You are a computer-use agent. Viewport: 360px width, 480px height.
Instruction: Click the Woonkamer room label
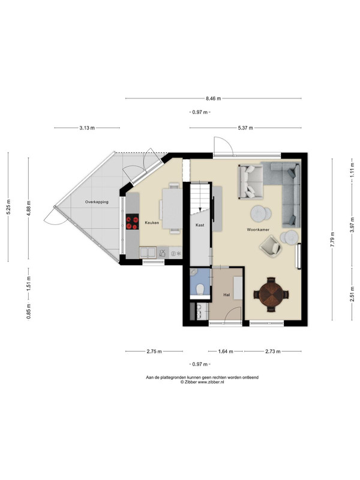pos(258,229)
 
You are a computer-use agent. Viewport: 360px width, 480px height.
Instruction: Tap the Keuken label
pos(152,223)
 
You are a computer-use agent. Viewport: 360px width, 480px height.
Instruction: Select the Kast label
pos(200,225)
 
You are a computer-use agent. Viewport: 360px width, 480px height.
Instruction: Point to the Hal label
pos(227,295)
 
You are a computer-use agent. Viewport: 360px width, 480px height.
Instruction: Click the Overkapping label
pos(97,202)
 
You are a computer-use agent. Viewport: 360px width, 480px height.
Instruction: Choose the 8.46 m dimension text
pos(213,98)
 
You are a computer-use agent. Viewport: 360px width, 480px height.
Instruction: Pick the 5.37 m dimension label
pos(245,128)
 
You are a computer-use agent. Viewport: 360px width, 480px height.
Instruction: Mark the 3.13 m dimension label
pos(87,128)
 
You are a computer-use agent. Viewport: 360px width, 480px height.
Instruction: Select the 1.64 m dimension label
pos(226,352)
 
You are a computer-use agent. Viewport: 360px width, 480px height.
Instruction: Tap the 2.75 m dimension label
pos(154,352)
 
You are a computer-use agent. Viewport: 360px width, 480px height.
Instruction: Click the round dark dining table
pos(271,295)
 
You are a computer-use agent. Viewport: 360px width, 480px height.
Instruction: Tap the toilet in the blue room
pos(200,289)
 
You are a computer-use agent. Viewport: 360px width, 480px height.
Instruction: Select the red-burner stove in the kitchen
pos(132,221)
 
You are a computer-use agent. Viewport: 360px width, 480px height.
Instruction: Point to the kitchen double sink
pos(148,253)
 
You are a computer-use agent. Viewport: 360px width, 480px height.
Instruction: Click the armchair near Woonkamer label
pos(271,245)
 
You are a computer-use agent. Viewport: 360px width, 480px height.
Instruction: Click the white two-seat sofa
pos(250,182)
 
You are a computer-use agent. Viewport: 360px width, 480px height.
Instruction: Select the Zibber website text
pos(211,382)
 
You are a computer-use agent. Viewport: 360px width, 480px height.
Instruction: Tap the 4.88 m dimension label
pos(28,208)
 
